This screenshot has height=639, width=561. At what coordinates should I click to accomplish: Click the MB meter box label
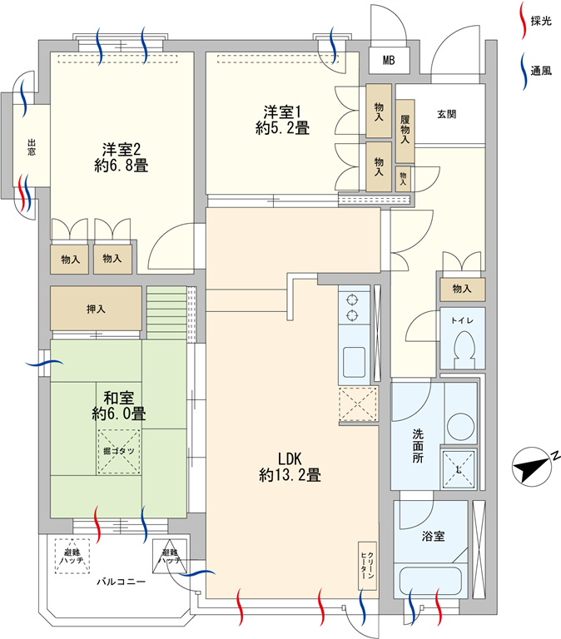tap(389, 60)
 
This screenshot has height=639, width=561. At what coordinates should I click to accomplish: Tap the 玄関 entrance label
tap(446, 114)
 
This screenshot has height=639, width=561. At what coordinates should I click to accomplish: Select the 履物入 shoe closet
tap(405, 131)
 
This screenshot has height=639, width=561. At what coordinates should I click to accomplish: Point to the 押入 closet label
tap(96, 309)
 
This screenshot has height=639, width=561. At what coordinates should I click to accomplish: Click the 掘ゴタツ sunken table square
tap(119, 452)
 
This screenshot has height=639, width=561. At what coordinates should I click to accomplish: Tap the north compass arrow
tap(530, 468)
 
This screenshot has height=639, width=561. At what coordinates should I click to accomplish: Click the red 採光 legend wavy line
tap(523, 20)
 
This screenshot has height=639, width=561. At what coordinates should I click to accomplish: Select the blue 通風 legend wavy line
tap(524, 71)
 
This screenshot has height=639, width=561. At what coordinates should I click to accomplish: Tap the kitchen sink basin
tap(354, 362)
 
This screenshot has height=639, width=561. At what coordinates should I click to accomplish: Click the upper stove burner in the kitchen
tap(352, 300)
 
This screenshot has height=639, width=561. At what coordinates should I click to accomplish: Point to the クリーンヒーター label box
tap(367, 566)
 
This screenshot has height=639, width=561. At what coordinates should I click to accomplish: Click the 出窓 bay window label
tap(32, 147)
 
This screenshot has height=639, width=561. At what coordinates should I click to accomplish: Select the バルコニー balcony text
tap(121, 582)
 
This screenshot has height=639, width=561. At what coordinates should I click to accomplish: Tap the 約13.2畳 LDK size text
tap(290, 475)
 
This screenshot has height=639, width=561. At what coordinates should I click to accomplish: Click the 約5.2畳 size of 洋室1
tap(282, 128)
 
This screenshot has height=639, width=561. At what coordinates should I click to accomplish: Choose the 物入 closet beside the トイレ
tap(462, 290)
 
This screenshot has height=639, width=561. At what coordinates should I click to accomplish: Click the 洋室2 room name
tap(121, 150)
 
